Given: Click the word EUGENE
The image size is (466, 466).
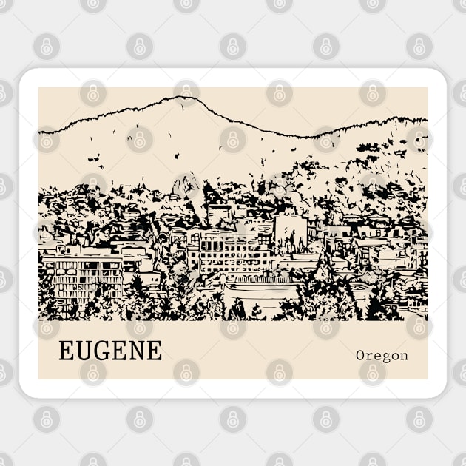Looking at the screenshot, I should click(x=110, y=351).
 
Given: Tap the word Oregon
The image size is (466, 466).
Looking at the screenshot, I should click(x=382, y=355).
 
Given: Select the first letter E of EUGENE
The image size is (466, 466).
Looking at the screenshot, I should click(x=66, y=351).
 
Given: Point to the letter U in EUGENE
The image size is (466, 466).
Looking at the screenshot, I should click(x=83, y=351).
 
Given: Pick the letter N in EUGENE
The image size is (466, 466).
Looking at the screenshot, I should click(x=136, y=351).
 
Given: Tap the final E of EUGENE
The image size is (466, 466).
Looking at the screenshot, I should click(x=154, y=351).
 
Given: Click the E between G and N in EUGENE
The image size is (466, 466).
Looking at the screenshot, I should click(x=118, y=351).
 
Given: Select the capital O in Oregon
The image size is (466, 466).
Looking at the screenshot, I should click(x=361, y=355).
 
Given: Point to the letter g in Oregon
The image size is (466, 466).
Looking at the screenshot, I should click(x=383, y=357).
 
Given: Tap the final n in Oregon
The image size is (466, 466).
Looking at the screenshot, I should click(x=403, y=356).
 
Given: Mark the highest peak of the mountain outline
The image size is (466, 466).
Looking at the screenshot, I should click(x=185, y=98).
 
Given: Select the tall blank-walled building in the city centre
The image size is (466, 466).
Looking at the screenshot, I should click(x=290, y=231).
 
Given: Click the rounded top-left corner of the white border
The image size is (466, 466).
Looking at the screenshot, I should click(x=26, y=75).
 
